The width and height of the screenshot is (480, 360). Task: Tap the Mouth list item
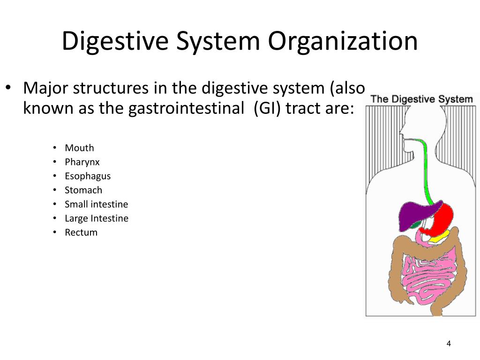pyautogui.click(x=79, y=148)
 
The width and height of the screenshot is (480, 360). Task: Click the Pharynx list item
pyautogui.click(x=82, y=162)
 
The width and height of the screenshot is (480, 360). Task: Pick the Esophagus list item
pyautogui.click(x=88, y=176)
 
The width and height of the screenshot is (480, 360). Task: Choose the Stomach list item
pyautogui.click(x=83, y=190)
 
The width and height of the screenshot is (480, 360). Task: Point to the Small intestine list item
pyautogui.click(x=96, y=204)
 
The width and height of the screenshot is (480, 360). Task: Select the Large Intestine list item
pyautogui.click(x=97, y=218)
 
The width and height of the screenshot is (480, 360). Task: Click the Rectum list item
pyautogui.click(x=81, y=232)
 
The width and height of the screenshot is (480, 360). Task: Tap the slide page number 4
pyautogui.click(x=449, y=344)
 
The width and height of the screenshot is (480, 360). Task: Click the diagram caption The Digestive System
pyautogui.click(x=421, y=99)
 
